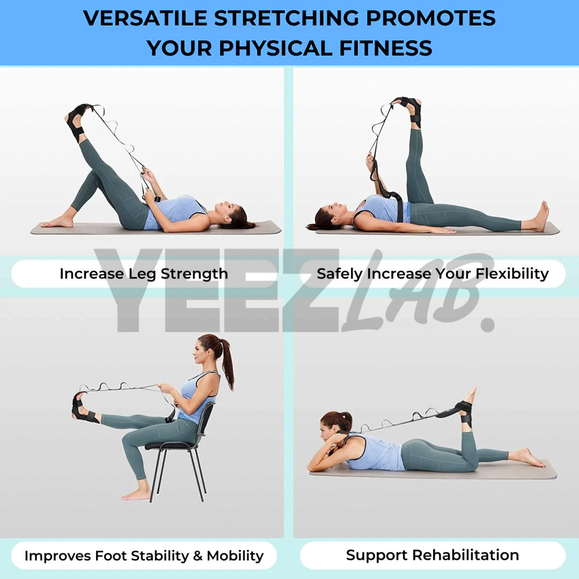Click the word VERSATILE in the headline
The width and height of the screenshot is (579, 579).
pos(145,18)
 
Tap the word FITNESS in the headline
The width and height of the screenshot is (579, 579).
pos(386,48)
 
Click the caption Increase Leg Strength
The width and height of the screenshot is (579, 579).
pos(144,274)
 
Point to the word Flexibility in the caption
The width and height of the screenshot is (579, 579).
pos(512,274)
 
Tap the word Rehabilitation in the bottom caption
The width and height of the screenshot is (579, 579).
pos(466,555)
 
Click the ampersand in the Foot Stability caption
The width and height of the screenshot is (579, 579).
pos(198,556)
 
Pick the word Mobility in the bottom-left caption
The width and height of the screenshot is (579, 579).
pos(235,556)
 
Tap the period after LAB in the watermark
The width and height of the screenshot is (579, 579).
pos(488,324)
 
